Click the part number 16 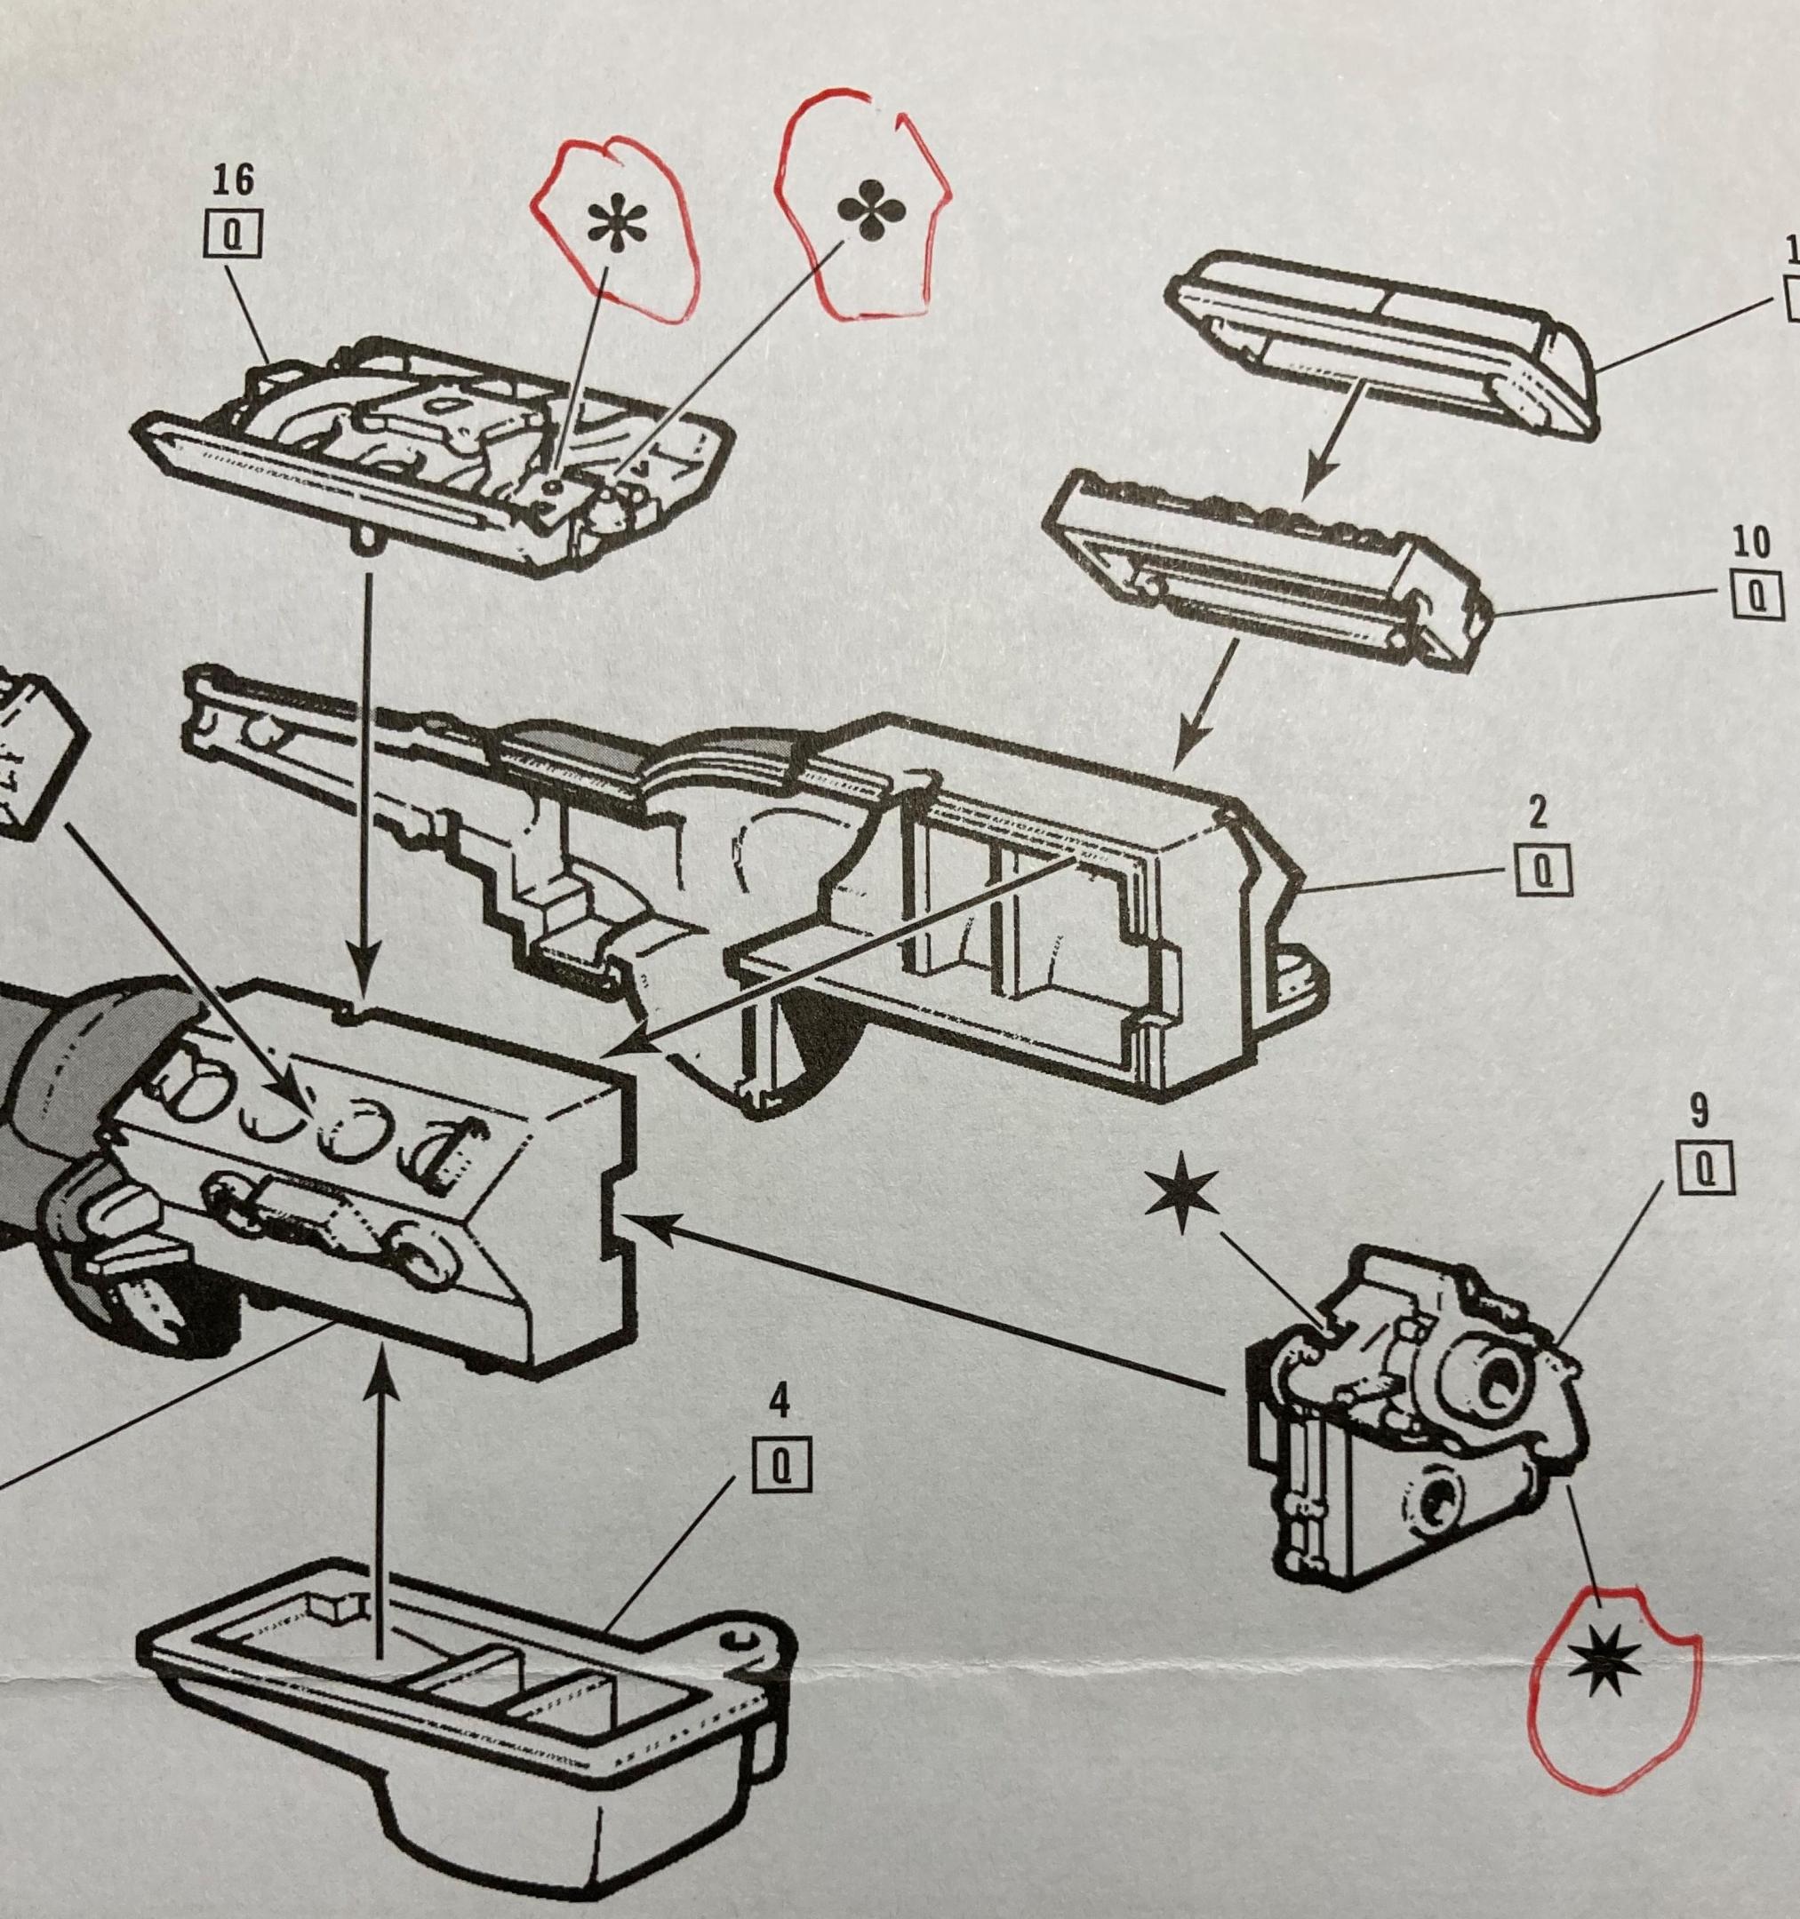233,180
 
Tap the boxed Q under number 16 233,235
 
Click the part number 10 1751,543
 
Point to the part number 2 1539,812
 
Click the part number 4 779,1402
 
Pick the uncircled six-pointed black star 1182,1197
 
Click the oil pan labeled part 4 463,1728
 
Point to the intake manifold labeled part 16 435,454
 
